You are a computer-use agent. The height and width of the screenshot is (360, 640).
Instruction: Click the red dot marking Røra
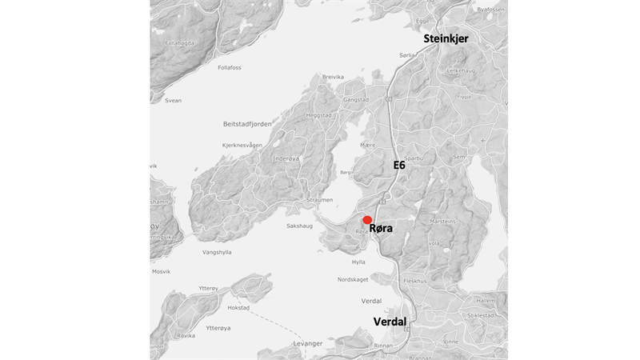click(x=367, y=220)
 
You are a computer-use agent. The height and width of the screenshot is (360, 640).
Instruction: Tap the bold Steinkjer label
click(x=446, y=38)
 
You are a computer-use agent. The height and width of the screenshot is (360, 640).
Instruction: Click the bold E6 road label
click(x=399, y=166)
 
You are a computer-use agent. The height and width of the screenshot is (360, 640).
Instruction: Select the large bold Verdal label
click(x=390, y=322)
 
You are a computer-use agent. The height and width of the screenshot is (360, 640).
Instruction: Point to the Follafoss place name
click(x=229, y=68)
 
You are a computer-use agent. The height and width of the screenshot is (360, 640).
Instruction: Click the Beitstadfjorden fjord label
click(x=247, y=124)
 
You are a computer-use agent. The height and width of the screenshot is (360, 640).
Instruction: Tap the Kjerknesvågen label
click(x=242, y=145)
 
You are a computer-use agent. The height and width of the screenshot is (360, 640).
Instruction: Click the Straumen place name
click(x=319, y=200)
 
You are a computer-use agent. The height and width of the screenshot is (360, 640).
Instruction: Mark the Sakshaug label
click(x=299, y=226)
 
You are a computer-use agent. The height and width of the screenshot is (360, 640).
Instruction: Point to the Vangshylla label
click(x=217, y=252)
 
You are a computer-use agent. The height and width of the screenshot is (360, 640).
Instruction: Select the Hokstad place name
click(x=238, y=307)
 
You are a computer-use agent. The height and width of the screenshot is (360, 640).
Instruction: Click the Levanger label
click(x=308, y=343)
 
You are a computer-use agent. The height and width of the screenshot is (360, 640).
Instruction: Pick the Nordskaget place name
click(x=353, y=279)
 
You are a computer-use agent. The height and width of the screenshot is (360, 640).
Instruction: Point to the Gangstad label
click(x=355, y=100)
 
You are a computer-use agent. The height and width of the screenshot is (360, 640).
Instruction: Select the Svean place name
click(x=173, y=101)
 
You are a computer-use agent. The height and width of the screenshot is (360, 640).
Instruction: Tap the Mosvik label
click(x=161, y=271)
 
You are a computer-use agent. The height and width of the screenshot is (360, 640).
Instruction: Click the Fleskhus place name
click(x=417, y=281)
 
